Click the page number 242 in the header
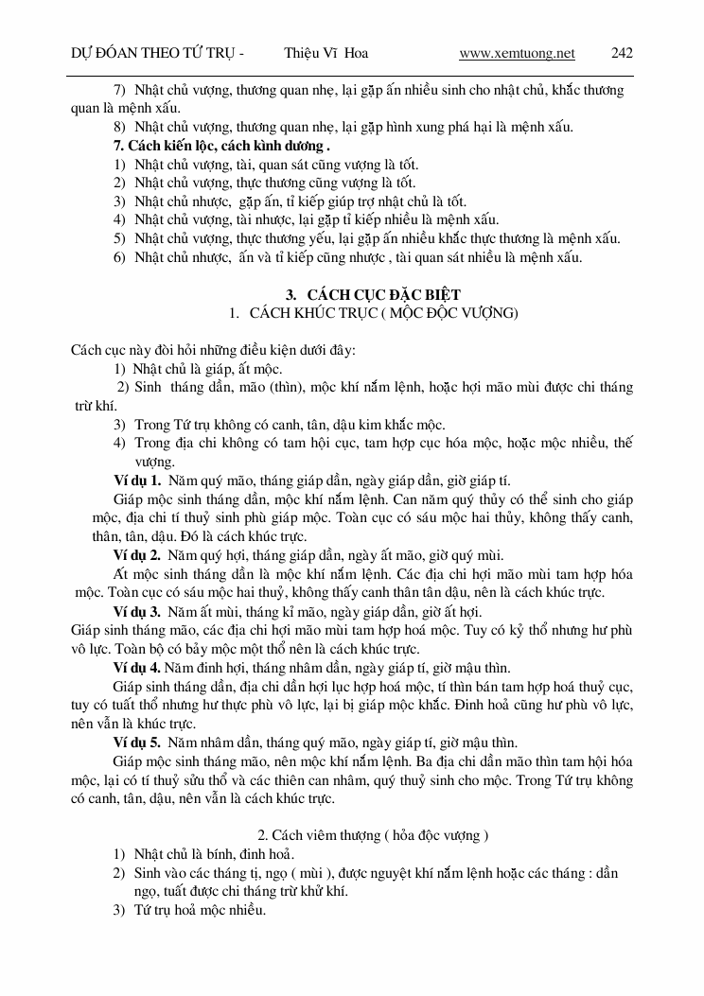click(622, 53)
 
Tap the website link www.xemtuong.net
click(517, 53)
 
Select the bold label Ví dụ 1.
click(137, 480)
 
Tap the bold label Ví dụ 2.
click(137, 554)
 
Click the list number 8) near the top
click(119, 128)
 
